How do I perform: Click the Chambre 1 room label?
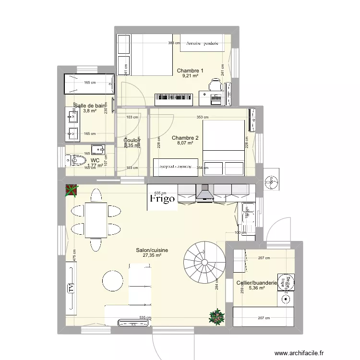click(190, 71)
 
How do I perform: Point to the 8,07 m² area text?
click(185, 143)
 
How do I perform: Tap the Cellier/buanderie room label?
click(257, 283)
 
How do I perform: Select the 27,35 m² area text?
click(152, 256)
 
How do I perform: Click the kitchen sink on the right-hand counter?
click(248, 209)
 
